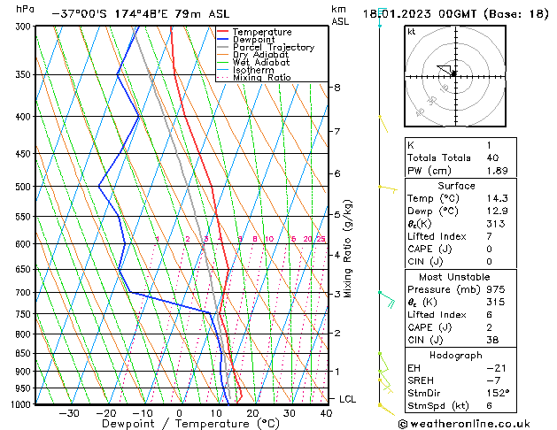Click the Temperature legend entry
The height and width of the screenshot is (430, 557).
pyautogui.click(x=262, y=32)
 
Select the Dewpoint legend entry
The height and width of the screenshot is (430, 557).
pyautogui.click(x=256, y=40)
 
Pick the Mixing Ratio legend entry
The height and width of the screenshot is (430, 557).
pyautogui.click(x=261, y=78)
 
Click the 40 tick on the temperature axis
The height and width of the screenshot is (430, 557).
pyautogui.click(x=327, y=413)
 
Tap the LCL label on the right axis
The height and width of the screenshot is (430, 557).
pyautogui.click(x=349, y=399)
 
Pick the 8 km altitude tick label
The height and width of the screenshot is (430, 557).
pyautogui.click(x=337, y=88)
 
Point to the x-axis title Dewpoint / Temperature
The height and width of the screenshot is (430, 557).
pyautogui.click(x=180, y=424)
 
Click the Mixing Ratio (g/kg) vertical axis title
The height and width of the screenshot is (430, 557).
pyautogui.click(x=348, y=248)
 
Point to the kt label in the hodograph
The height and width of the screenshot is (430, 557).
pyautogui.click(x=411, y=31)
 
